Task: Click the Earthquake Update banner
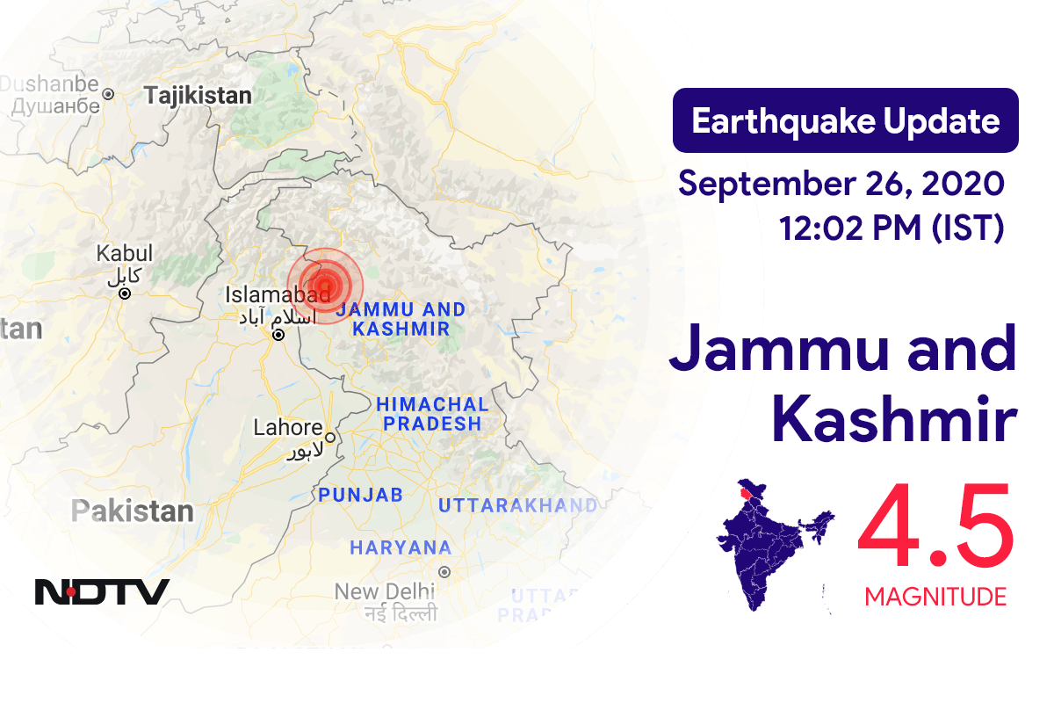(x=845, y=120)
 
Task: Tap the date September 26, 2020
(x=841, y=184)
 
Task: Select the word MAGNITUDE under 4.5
(x=935, y=598)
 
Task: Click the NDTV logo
(x=102, y=591)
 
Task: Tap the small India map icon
(x=773, y=544)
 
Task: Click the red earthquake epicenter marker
(x=326, y=285)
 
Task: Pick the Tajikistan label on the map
(x=199, y=95)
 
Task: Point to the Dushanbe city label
(x=49, y=84)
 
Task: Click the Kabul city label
(x=125, y=254)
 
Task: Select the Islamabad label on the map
(x=278, y=294)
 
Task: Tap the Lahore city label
(x=288, y=428)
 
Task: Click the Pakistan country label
(x=133, y=511)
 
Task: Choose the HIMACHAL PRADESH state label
(x=431, y=414)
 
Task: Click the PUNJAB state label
(x=360, y=495)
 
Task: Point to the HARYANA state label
(x=401, y=547)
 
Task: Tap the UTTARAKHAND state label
(x=517, y=504)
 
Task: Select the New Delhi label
(x=385, y=591)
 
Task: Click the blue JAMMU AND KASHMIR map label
(x=401, y=319)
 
